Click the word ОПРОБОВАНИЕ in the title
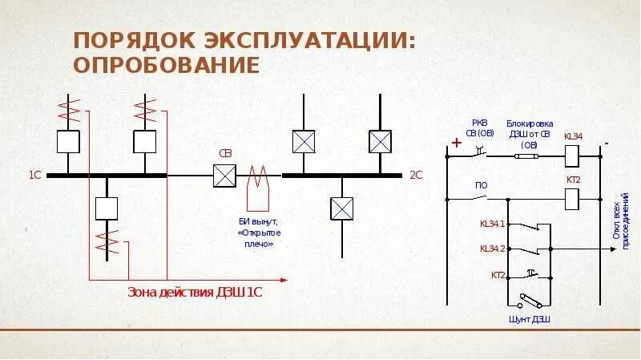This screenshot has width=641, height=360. point(167,64)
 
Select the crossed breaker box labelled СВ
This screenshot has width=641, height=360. point(224,176)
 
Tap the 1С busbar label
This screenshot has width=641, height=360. point(34,174)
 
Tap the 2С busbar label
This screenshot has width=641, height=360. point(415,174)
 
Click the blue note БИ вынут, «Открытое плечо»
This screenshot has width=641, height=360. point(260,231)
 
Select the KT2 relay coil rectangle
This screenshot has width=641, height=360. point(573,196)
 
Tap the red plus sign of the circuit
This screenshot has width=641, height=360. point(457,144)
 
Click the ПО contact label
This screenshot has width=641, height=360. point(481,185)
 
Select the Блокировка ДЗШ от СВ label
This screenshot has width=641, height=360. point(529,134)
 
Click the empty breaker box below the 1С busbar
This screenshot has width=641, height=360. point(107,208)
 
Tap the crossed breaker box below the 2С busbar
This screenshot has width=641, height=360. point(342,208)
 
